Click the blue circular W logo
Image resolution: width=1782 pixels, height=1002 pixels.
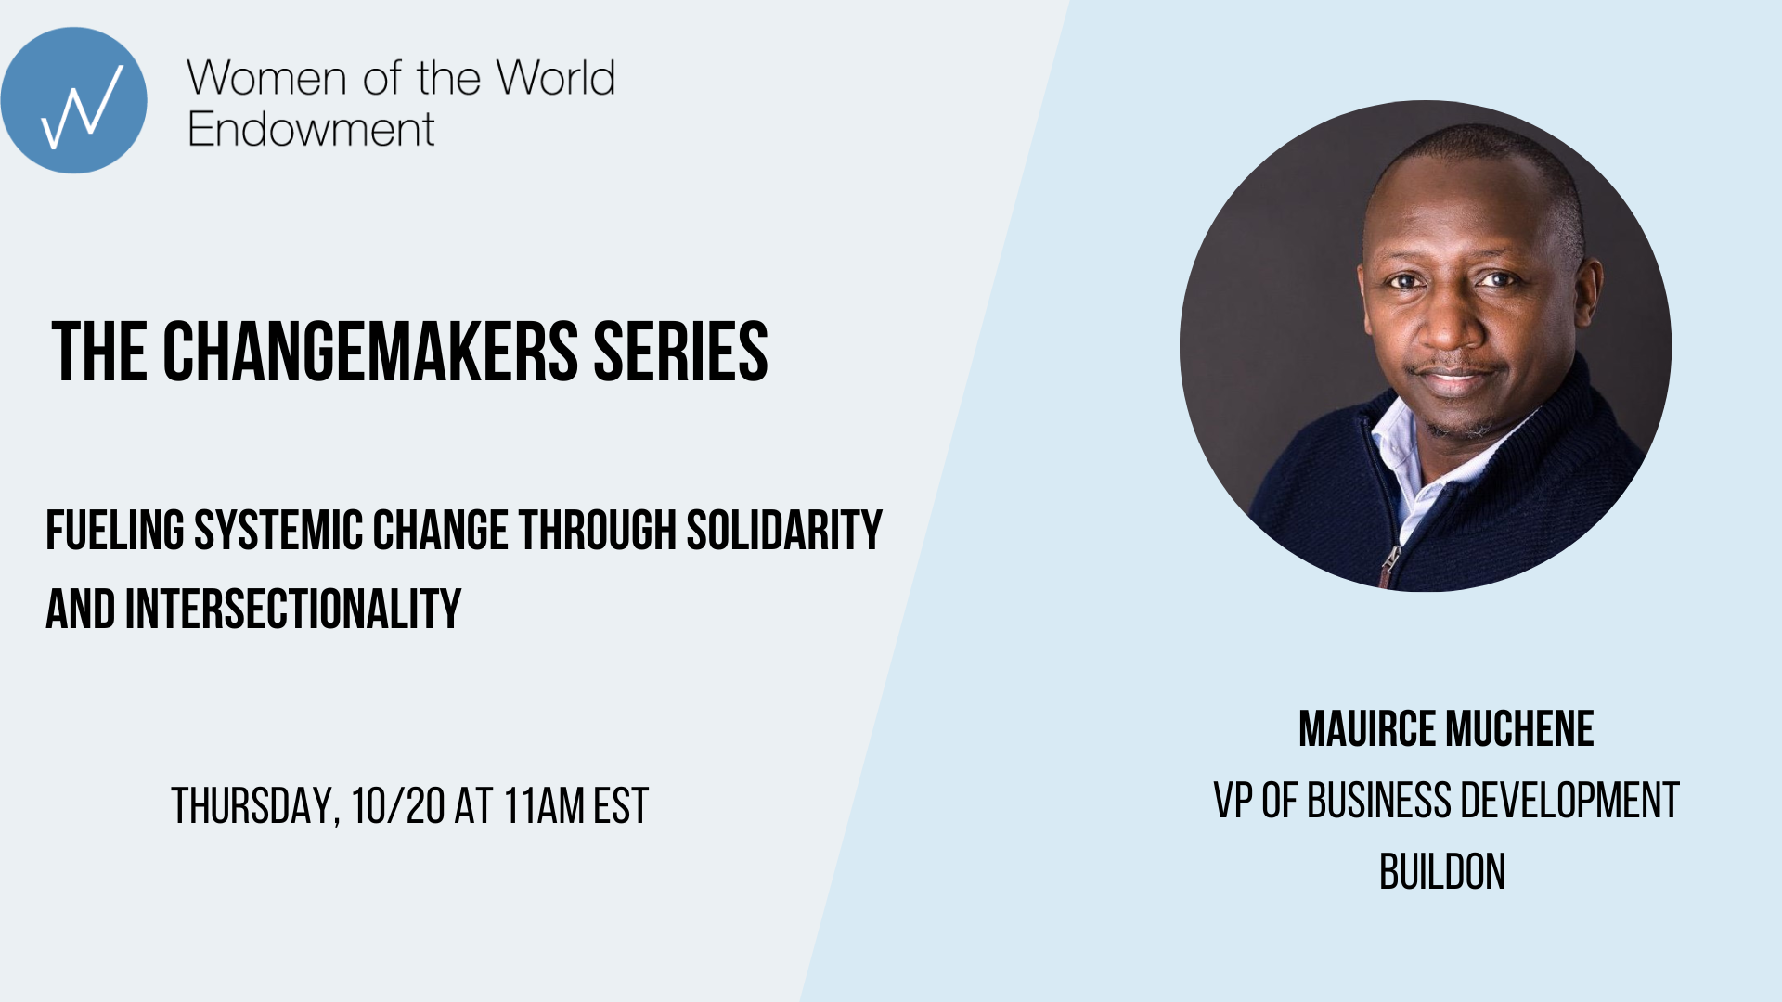(x=73, y=100)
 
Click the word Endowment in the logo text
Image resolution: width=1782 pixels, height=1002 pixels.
(x=311, y=129)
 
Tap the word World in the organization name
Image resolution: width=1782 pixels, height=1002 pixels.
(x=555, y=78)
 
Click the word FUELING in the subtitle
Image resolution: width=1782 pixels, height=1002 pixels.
(x=115, y=531)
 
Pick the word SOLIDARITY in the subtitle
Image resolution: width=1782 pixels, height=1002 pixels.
(x=784, y=531)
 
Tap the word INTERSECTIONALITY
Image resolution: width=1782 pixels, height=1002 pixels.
(x=293, y=610)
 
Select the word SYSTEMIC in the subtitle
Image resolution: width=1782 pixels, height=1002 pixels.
(x=278, y=531)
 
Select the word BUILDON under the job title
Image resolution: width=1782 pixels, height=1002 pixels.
(x=1442, y=872)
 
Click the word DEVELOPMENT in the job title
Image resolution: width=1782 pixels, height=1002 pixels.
(x=1570, y=801)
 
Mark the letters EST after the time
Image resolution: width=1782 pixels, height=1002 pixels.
(x=621, y=805)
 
